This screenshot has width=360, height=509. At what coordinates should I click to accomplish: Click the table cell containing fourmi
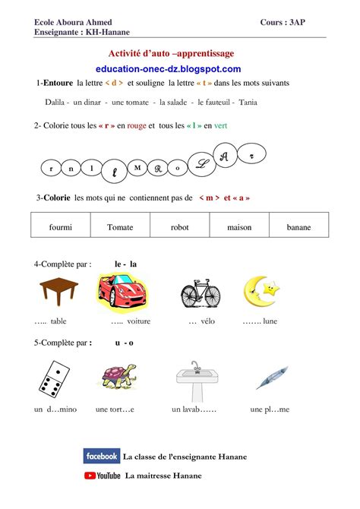click(60, 226)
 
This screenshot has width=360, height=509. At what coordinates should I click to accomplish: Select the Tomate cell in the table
click(120, 226)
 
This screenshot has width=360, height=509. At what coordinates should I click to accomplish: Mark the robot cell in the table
click(179, 226)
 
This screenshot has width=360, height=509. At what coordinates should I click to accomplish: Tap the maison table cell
click(239, 226)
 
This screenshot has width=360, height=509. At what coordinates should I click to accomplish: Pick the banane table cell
click(299, 226)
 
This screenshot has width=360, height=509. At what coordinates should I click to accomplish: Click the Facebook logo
click(102, 457)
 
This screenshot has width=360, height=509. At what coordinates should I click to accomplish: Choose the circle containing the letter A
click(223, 156)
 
